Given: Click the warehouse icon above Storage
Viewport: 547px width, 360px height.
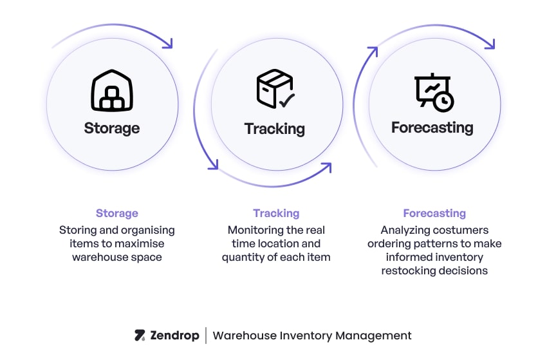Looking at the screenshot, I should coord(112,91).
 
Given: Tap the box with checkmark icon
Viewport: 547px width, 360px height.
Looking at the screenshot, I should coord(275,90).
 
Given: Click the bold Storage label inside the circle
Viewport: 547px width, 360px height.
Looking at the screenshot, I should coord(112,128).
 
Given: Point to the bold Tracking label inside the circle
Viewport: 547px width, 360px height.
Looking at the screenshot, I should coord(275,128).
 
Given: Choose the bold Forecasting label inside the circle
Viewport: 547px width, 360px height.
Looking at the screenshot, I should coord(432,128).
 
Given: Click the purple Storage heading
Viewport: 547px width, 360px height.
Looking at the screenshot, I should coord(117,213).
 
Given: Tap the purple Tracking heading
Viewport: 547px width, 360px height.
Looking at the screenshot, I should coord(276,213).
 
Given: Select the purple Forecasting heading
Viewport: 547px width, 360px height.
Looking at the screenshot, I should coord(434,213).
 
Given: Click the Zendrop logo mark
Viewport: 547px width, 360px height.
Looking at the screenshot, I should coord(140,336).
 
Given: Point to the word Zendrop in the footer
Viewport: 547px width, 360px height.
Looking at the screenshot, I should coord(174,336).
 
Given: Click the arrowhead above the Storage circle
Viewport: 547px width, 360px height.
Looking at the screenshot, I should coord(168,44).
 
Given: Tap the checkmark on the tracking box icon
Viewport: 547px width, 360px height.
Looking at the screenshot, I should coord(286,100).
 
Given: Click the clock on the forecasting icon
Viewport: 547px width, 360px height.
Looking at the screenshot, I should coord(443,102).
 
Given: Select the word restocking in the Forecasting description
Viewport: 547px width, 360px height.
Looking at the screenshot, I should coord(411,270).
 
